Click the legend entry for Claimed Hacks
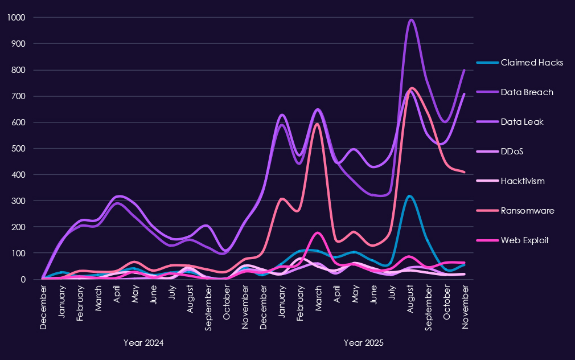click(532, 63)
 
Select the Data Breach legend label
click(527, 92)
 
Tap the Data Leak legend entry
click(523, 122)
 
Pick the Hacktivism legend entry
click(523, 181)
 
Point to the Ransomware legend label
click(527, 211)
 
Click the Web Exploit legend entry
click(524, 240)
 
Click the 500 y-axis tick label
click(19, 149)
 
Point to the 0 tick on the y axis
click(23, 279)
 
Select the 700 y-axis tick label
click(19, 96)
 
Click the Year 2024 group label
click(143, 343)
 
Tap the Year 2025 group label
click(364, 343)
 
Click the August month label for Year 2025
click(411, 300)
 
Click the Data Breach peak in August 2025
click(411, 20)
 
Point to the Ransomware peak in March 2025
click(318, 124)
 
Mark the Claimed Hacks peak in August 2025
click(409, 196)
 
